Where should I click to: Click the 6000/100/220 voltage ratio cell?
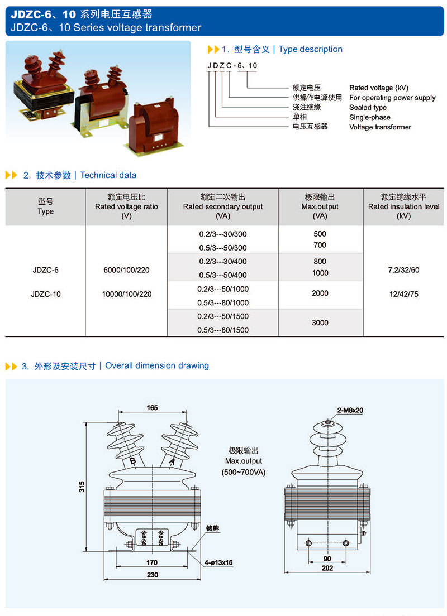point(126,270)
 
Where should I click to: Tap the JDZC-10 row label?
point(46,294)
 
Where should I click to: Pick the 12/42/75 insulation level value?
point(402,294)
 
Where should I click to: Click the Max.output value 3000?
point(320,323)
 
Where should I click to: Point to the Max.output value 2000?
point(320,293)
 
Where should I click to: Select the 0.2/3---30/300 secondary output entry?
point(223,234)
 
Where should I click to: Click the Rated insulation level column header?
point(403,206)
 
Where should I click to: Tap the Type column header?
point(46,206)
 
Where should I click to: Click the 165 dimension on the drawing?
point(152,408)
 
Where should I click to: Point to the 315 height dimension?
point(82,487)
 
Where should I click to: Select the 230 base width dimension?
point(152,575)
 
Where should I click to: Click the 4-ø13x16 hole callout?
point(218,562)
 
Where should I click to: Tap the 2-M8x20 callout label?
point(350,410)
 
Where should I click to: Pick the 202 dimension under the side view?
point(327,568)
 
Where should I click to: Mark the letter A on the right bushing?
point(172,461)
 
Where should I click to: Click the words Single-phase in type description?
point(370,117)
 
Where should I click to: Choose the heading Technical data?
point(108,175)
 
